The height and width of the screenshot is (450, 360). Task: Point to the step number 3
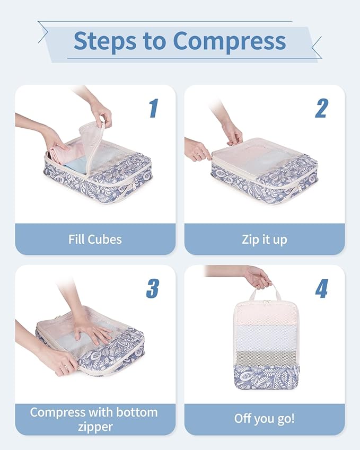tap(153, 288)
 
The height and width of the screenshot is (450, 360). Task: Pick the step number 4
tap(322, 288)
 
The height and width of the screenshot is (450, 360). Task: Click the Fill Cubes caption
tap(95, 239)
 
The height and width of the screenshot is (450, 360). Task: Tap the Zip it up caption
tap(264, 239)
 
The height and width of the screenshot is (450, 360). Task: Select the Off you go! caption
tap(264, 419)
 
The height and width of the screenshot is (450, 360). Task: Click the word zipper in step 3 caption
tap(95, 427)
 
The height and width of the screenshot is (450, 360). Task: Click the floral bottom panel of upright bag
tap(265, 376)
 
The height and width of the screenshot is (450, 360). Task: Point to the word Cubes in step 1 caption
tap(107, 239)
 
